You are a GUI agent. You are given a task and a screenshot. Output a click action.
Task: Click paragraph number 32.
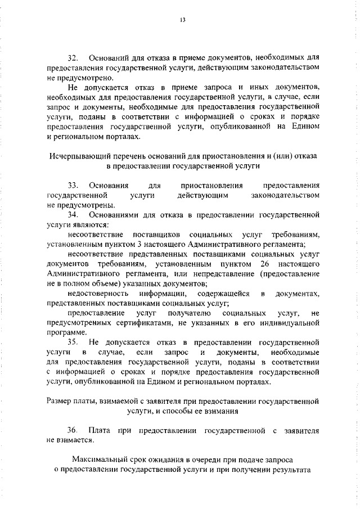coord(73,58)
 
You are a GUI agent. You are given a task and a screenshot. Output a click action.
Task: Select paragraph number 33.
coord(73,185)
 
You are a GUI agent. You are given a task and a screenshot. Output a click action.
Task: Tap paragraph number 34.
coord(73,215)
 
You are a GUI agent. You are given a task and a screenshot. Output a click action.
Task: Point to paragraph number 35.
coord(73,341)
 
